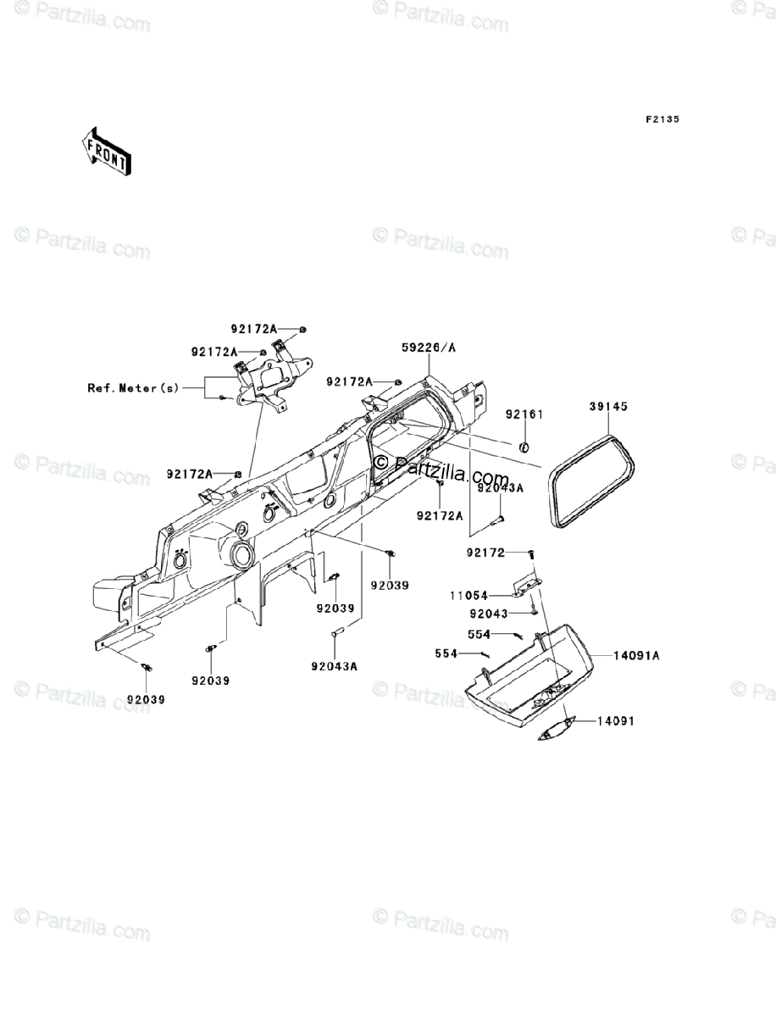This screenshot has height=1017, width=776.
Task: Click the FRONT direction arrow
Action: click(x=105, y=150)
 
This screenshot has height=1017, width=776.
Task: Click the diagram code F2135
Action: click(x=661, y=119)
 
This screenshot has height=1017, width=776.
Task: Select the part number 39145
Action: click(x=608, y=408)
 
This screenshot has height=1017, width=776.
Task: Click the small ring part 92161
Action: click(x=524, y=447)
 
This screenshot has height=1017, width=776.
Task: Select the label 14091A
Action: click(x=644, y=655)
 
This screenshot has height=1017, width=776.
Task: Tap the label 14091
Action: click(x=616, y=720)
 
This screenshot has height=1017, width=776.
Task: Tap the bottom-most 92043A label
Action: click(x=334, y=665)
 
